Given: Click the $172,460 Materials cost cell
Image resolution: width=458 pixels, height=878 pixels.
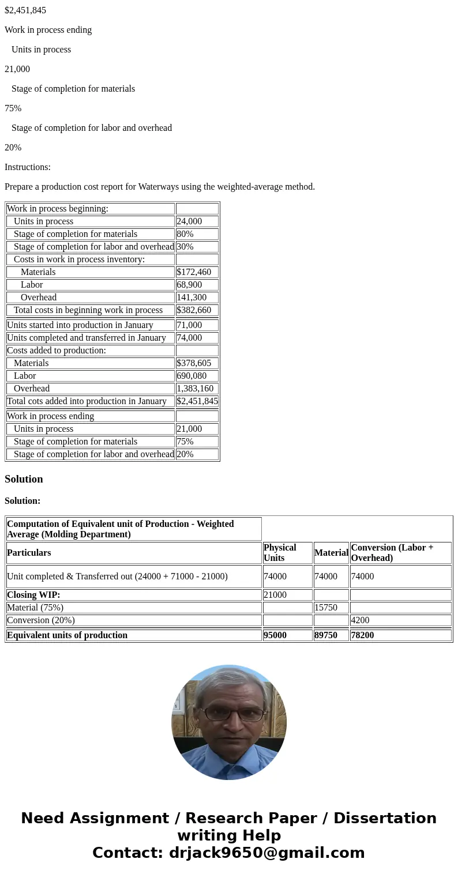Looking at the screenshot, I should click(x=197, y=272).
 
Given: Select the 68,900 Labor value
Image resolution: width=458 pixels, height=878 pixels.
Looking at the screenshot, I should click(x=197, y=285).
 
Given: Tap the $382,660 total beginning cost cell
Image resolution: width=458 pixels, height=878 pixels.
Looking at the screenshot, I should click(x=197, y=310).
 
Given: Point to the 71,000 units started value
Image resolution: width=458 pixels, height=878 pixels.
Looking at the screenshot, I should click(x=197, y=325).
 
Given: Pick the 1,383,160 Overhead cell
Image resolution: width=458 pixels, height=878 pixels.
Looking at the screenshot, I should click(x=197, y=389).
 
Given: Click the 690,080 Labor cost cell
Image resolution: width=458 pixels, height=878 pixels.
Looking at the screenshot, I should click(x=197, y=376).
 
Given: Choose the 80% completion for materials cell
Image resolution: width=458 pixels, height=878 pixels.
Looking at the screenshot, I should click(x=197, y=234).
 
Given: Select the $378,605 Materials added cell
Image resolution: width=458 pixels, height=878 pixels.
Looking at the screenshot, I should click(x=197, y=363).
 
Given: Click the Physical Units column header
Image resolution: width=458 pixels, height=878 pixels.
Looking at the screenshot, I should click(x=287, y=552).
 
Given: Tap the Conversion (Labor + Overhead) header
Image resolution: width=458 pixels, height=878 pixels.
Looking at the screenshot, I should click(x=400, y=552).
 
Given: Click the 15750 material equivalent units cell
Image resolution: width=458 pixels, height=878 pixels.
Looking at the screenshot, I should click(x=331, y=608).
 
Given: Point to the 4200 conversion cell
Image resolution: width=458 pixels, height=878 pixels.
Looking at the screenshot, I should click(x=400, y=620).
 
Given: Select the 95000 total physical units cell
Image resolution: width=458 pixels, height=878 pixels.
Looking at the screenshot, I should click(x=287, y=635).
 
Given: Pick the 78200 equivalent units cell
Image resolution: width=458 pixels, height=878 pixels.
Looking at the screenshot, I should click(x=400, y=635).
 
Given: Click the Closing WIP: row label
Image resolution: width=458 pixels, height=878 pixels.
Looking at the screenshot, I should click(x=33, y=595).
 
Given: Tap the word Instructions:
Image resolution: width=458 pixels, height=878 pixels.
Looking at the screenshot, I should click(x=28, y=167).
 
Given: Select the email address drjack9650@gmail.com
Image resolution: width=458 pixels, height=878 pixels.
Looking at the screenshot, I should click(x=266, y=853).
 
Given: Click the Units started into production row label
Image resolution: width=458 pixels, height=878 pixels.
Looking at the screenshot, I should click(x=80, y=325).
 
